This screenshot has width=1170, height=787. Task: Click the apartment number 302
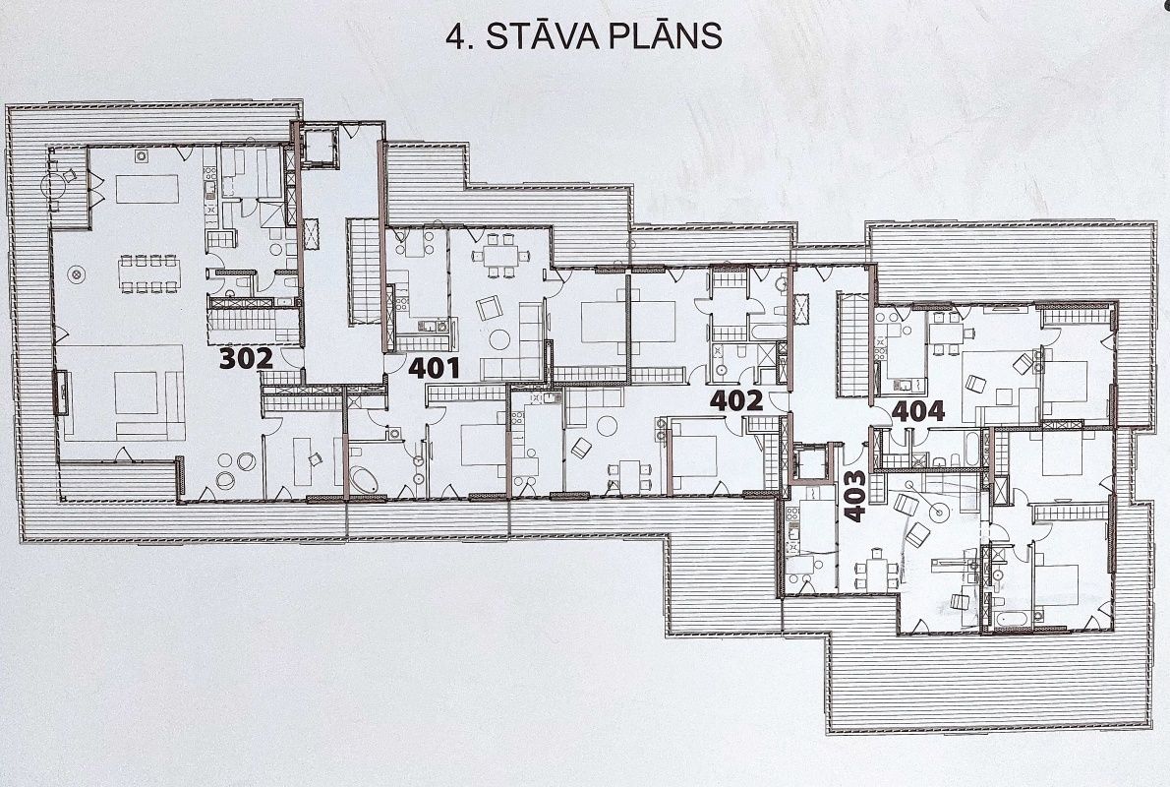[246, 358]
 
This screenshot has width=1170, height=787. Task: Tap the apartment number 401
[434, 367]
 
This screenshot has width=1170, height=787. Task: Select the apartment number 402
[736, 401]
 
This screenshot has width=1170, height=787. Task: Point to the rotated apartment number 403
[854, 495]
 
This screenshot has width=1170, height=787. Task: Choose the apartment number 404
[917, 410]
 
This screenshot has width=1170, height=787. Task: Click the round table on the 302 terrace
[54, 184]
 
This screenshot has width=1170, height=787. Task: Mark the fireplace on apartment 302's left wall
[59, 392]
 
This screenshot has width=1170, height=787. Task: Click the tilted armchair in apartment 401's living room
[488, 308]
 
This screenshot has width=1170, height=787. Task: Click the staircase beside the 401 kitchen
[365, 272]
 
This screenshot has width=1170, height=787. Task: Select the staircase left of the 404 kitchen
[851, 345]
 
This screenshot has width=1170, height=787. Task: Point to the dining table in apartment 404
[948, 333]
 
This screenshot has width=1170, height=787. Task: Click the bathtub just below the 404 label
[970, 446]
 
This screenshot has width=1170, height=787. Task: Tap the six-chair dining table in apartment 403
[877, 572]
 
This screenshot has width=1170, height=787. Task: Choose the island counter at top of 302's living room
[147, 189]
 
